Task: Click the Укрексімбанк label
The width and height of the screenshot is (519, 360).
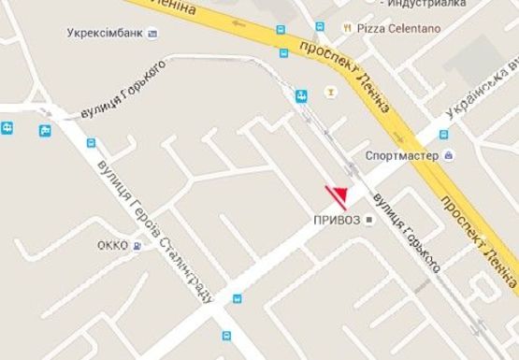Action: point(105,33)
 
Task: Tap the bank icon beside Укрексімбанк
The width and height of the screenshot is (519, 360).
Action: point(152,34)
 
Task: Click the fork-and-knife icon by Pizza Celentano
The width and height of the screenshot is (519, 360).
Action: point(347,28)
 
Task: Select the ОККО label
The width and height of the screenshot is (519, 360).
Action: point(112,246)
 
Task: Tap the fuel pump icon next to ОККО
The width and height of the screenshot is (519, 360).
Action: point(137,246)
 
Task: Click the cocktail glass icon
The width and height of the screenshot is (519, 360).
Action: point(328,92)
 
